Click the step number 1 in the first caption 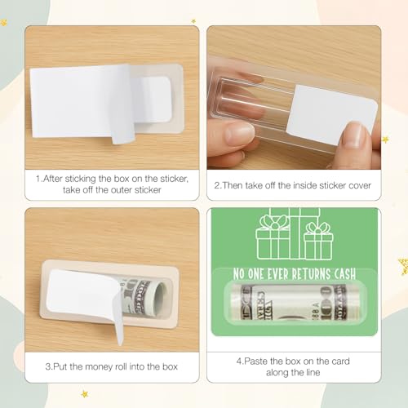(x=38, y=176)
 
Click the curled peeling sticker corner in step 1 (x=125, y=131)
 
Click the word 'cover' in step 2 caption (x=357, y=185)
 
